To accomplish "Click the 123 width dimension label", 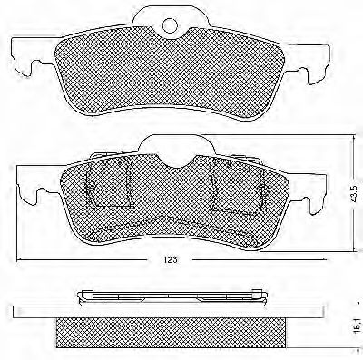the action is [x=171, y=259].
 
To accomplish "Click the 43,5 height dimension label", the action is [x=358, y=193].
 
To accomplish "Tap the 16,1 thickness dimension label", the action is [x=358, y=325].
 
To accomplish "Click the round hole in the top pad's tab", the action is [x=170, y=25].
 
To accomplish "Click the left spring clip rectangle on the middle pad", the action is [x=108, y=183].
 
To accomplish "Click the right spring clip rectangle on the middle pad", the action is [x=237, y=186].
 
